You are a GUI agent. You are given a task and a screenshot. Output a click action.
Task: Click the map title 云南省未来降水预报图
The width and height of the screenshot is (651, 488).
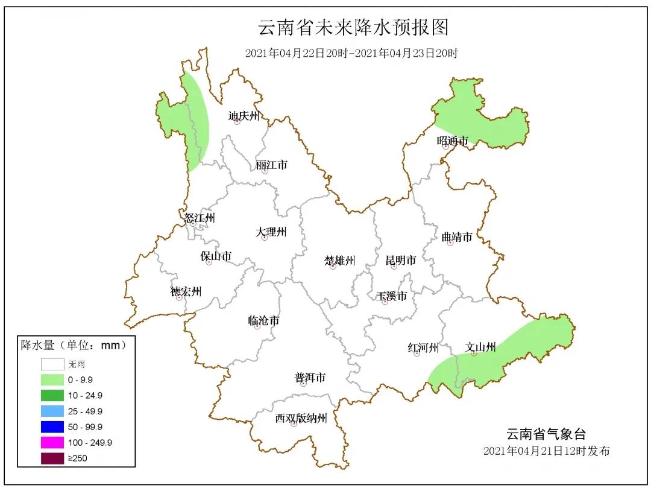click(x=354, y=28)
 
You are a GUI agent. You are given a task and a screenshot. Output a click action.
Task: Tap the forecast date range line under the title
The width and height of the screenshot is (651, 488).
click(x=351, y=53)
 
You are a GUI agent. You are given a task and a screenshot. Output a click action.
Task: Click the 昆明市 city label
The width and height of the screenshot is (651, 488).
click(x=401, y=261)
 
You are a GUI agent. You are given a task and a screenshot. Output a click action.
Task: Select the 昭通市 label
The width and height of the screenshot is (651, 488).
click(x=453, y=141)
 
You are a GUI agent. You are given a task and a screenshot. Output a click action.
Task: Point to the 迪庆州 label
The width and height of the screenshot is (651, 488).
click(x=244, y=116)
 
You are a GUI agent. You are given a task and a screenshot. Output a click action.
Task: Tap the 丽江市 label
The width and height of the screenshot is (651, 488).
click(x=271, y=165)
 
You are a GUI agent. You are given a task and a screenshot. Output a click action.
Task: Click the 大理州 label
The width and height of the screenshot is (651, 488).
click(x=271, y=232)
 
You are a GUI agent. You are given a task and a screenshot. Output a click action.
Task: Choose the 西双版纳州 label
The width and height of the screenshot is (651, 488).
click(x=301, y=418)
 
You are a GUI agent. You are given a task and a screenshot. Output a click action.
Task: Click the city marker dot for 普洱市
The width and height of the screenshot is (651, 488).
click(x=304, y=384)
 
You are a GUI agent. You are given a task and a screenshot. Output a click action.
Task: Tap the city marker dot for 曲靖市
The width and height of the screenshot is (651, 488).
click(x=450, y=242)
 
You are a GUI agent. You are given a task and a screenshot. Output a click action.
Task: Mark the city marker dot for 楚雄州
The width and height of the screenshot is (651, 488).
click(x=333, y=266)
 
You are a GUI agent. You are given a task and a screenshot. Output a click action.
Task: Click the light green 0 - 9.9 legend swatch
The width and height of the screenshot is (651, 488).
click(x=52, y=380)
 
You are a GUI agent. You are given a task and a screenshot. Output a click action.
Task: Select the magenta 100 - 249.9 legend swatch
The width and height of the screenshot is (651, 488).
click(x=52, y=443)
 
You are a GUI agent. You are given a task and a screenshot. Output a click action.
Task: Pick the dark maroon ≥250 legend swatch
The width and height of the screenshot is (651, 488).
click(x=52, y=458)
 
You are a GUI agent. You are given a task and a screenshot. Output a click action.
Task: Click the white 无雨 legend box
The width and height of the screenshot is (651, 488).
click(x=52, y=364)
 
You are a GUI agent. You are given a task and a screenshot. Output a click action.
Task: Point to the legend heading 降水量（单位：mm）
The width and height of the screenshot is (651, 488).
click(x=74, y=346)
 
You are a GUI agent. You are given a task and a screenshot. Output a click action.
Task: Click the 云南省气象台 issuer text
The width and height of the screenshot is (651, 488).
click(x=546, y=434)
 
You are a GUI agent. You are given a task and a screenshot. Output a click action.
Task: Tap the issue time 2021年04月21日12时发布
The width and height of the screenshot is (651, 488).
click(x=547, y=451)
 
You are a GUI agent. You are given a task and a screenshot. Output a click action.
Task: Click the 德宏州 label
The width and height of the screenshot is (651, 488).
click(x=186, y=292)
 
